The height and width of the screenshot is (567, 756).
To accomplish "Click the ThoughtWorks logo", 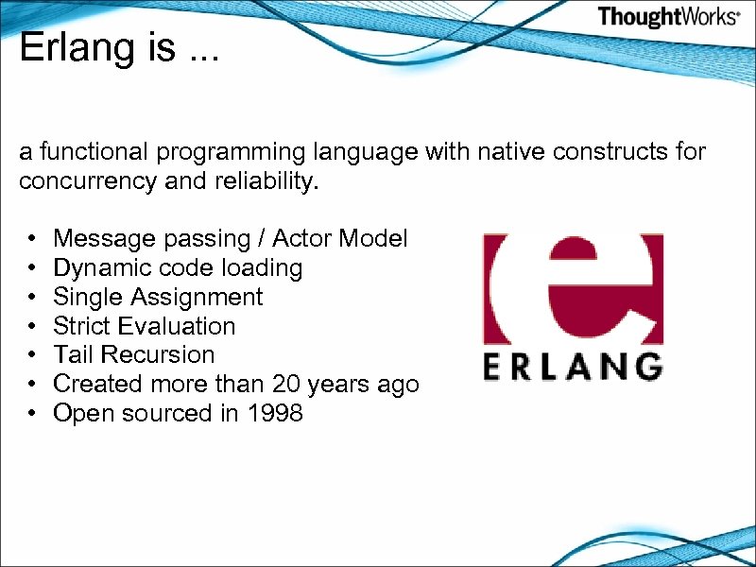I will click(x=668, y=17).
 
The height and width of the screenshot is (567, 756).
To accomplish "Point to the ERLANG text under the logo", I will click(x=573, y=366).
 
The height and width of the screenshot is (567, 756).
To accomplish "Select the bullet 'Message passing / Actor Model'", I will click(x=231, y=238).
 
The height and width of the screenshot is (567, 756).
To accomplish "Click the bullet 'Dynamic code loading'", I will click(x=178, y=267).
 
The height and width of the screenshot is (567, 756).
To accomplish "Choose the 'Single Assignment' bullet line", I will click(x=158, y=297).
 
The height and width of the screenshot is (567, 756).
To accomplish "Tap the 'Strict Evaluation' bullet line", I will click(x=145, y=326).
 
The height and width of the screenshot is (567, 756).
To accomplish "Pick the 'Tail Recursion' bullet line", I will click(x=134, y=355).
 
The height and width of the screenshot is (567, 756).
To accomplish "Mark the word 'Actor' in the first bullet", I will click(x=303, y=238).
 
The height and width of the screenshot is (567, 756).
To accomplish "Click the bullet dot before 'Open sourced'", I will click(x=32, y=414).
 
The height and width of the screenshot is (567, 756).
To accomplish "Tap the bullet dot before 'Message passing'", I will click(x=32, y=239).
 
